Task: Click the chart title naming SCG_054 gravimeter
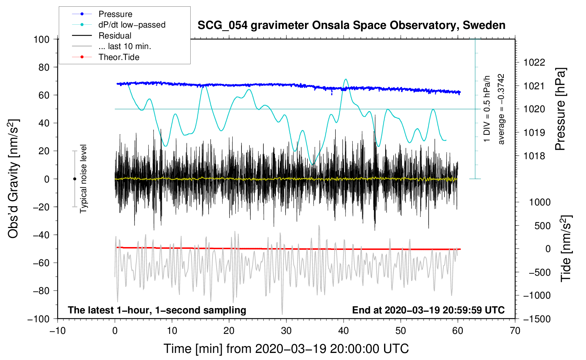click(351, 25)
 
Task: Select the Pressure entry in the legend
click(115, 14)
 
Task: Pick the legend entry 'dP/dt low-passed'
click(132, 25)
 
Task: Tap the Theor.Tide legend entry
click(119, 57)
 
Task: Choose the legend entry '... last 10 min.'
click(125, 46)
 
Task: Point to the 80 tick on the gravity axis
click(44, 67)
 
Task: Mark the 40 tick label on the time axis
click(343, 331)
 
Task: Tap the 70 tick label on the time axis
click(515, 331)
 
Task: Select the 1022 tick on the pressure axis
click(534, 62)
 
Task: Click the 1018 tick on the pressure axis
click(534, 156)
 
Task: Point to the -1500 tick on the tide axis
click(537, 319)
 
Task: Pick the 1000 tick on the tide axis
click(540, 202)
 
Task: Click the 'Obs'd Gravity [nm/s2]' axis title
click(13, 179)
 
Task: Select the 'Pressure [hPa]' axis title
click(560, 109)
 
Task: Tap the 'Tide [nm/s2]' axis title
click(566, 248)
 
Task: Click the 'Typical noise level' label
click(83, 179)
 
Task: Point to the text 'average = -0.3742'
click(501, 109)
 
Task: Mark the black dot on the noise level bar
click(74, 179)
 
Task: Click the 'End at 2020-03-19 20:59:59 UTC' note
click(428, 310)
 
